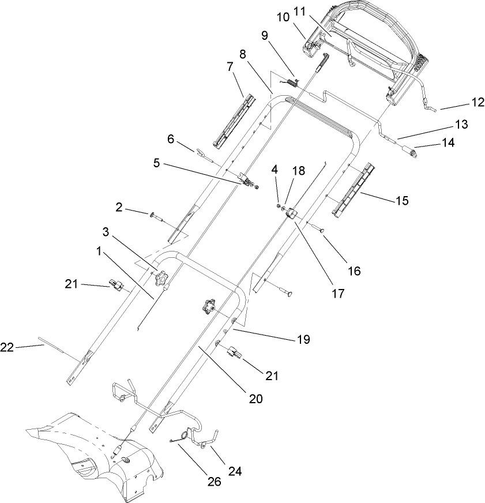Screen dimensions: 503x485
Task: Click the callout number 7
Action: [230, 66]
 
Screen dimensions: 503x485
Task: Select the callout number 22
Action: [7, 346]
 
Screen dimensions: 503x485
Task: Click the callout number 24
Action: [236, 471]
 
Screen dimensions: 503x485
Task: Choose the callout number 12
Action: [478, 103]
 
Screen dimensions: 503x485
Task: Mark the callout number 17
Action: [338, 293]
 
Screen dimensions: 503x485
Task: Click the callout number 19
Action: [303, 340]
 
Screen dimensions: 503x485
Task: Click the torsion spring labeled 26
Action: [184, 436]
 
